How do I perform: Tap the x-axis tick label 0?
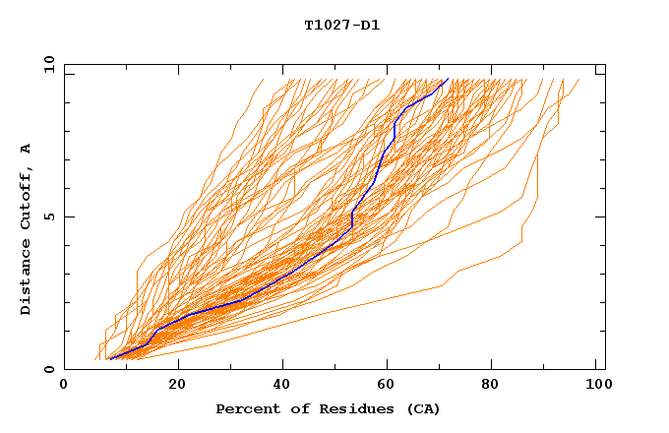(x=64, y=387)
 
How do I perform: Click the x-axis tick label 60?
(x=392, y=387)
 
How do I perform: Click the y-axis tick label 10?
(x=47, y=65)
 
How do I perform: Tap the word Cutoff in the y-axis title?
(x=27, y=196)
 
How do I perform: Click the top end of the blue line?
(x=448, y=79)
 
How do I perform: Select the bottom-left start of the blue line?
(x=109, y=359)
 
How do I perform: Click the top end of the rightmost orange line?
(x=578, y=79)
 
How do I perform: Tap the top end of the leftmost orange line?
(x=263, y=79)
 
